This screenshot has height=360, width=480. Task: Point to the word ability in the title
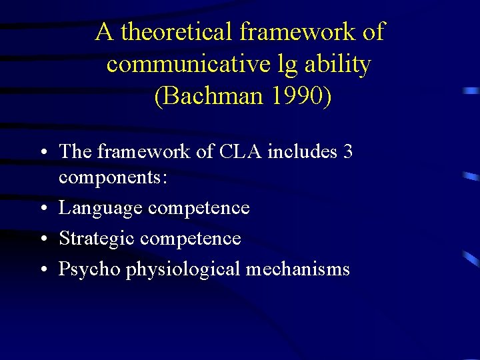point(339,65)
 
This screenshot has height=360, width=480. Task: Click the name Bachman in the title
point(209,97)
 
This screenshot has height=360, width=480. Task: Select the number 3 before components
point(347,151)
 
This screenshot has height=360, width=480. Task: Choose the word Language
point(101,208)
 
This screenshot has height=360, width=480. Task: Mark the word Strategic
point(97,238)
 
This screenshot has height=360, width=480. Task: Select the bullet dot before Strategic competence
point(42,239)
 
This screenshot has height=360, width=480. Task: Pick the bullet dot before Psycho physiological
point(42,269)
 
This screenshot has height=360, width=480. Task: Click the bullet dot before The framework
point(42,152)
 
